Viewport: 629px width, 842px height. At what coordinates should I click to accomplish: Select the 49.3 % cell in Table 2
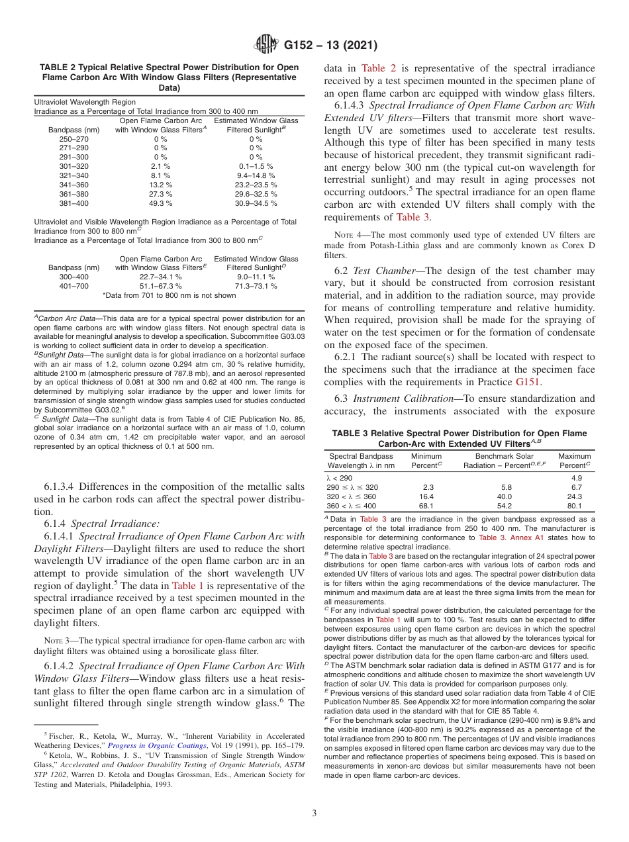click(x=161, y=203)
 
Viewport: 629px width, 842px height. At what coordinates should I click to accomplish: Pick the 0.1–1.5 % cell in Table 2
click(x=256, y=166)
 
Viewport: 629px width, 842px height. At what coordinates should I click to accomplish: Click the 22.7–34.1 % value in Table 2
click(x=161, y=277)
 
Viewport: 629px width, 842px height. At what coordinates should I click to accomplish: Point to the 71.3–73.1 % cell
click(x=256, y=286)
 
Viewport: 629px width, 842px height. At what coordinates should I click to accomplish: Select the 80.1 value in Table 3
click(x=574, y=505)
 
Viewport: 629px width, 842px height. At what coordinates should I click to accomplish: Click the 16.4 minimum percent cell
click(x=426, y=496)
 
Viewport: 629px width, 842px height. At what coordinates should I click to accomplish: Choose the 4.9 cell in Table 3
click(x=575, y=477)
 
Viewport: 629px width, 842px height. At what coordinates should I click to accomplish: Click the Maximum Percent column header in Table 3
click(x=574, y=461)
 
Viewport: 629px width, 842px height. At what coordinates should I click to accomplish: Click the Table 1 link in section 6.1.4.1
click(x=192, y=585)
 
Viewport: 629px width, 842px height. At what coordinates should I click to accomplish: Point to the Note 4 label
click(x=341, y=235)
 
